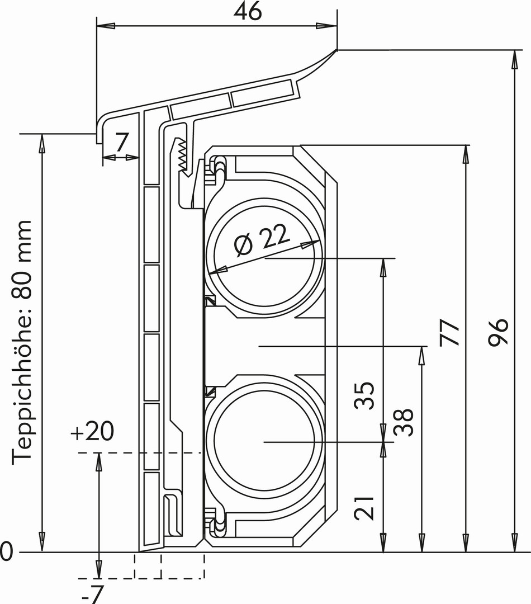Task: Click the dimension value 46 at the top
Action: [248, 11]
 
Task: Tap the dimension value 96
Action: [499, 332]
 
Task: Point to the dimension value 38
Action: [404, 422]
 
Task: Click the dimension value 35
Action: [364, 395]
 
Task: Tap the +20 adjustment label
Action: [92, 432]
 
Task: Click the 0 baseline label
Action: [6, 553]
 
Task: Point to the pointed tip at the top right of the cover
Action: [336, 50]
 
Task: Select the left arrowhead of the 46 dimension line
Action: [104, 26]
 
